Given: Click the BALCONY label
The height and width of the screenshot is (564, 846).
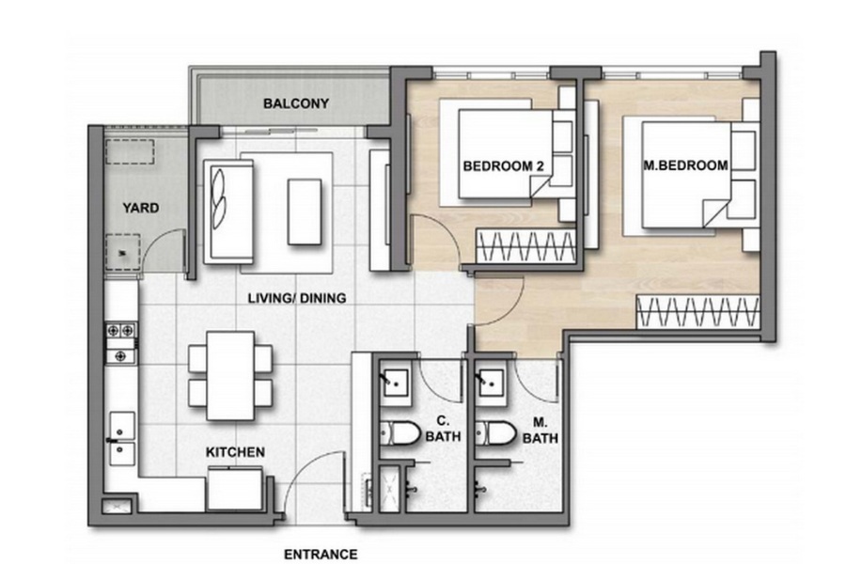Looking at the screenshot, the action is [x=296, y=103].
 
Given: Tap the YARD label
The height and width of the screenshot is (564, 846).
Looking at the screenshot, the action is [x=140, y=208].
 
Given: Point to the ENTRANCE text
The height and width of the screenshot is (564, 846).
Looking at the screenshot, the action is [x=321, y=555].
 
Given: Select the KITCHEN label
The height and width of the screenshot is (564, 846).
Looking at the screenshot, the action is [x=235, y=452].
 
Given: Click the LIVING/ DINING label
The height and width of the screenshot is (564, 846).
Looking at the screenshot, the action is [x=297, y=298].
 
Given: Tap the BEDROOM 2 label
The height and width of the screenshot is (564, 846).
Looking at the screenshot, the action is [x=504, y=166].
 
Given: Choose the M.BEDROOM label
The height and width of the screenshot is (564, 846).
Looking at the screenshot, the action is [x=686, y=165].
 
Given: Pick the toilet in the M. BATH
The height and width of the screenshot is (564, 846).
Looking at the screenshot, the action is [x=495, y=433].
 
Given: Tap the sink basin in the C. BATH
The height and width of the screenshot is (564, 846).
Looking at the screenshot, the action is [x=396, y=383].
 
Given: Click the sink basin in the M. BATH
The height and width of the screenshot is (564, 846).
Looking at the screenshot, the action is [x=492, y=383].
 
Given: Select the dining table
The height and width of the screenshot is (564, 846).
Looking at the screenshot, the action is [x=230, y=376].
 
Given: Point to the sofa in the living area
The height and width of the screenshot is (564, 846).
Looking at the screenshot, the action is [x=228, y=211].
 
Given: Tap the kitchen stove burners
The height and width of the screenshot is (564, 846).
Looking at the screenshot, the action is [x=121, y=343].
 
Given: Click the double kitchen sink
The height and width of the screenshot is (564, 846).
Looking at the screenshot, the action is [x=122, y=439].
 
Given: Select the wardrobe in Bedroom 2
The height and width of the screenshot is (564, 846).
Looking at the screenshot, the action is [x=525, y=246].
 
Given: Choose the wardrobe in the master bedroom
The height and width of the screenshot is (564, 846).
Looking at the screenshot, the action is [x=698, y=311].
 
